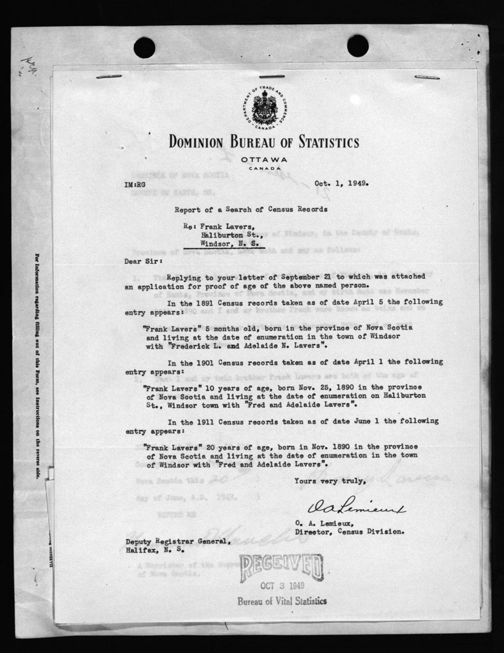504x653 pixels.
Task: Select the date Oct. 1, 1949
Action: [341, 183]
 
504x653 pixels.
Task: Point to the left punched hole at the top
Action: [145, 47]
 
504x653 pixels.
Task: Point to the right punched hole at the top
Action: [358, 46]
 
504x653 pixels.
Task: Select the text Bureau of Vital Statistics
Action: [282, 601]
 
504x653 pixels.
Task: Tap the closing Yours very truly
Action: [330, 481]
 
